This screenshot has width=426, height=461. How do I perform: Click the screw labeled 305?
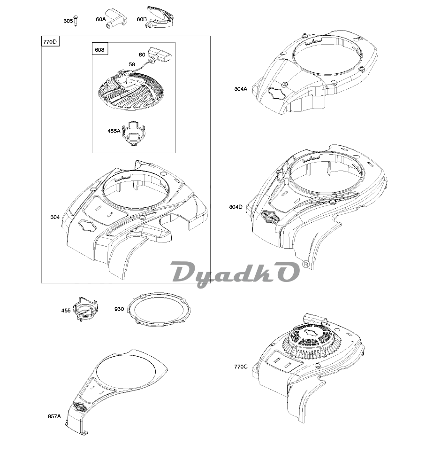tap(76, 21)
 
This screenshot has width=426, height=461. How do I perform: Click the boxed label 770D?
tap(50, 42)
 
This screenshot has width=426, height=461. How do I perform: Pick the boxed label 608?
tap(99, 50)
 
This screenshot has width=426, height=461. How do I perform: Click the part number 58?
tap(132, 64)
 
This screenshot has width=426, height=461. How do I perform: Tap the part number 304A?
tap(241, 89)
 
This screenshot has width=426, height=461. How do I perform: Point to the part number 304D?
tap(236, 207)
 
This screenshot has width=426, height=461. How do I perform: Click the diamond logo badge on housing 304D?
tap(270, 217)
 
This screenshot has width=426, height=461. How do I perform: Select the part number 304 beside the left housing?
tap(55, 217)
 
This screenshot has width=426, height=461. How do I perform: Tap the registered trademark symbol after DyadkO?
tap(305, 264)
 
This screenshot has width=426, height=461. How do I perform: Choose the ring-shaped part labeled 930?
tap(160, 310)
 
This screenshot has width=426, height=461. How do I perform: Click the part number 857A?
tap(54, 416)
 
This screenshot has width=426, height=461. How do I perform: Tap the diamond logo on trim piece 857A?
tap(79, 407)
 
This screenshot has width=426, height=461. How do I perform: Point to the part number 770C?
tap(241, 367)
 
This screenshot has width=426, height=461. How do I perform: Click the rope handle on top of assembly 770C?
tap(315, 319)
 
